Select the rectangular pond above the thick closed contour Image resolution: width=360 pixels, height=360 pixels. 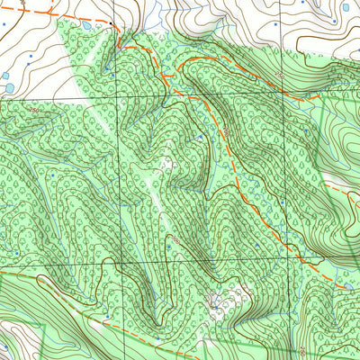point(346,7)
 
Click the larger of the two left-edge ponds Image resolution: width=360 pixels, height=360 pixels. point(9,88)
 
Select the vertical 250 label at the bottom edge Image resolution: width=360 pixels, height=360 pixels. point(305,349)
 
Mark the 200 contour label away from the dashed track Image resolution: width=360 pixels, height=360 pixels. point(177,242)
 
